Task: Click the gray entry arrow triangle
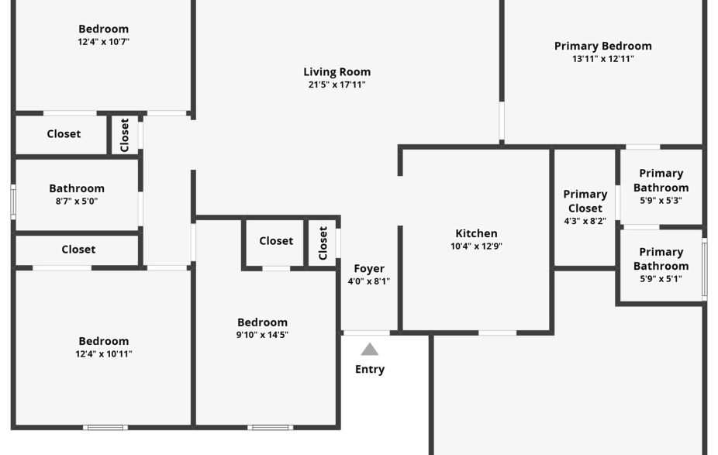(370, 350)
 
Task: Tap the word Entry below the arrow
(370, 369)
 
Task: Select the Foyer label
(369, 269)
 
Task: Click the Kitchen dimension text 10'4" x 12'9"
(476, 246)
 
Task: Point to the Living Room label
(337, 72)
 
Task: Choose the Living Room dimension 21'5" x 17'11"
(337, 85)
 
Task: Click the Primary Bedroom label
(602, 46)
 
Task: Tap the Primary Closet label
(585, 201)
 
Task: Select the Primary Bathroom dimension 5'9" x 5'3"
(661, 201)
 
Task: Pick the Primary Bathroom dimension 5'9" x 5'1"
(661, 279)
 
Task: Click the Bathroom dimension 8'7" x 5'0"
(76, 202)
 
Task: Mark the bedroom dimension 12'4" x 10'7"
(103, 42)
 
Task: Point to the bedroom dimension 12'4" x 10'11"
(103, 354)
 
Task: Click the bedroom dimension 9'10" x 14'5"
(262, 336)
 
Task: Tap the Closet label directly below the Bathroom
(78, 250)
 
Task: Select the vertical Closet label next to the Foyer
(323, 243)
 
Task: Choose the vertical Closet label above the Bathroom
(125, 135)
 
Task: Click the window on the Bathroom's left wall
(12, 202)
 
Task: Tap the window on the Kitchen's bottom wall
(497, 333)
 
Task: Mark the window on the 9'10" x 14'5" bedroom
(270, 427)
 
